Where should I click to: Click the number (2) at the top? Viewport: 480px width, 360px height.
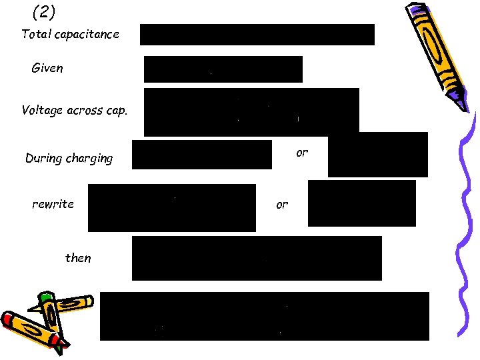43,11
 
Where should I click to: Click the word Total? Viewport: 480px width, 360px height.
35,34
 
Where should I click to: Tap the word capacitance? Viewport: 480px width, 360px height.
86,34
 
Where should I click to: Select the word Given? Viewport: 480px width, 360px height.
47,68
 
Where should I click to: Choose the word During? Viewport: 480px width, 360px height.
43,159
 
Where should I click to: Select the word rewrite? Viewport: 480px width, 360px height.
53,204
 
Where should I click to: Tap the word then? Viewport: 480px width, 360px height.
78,258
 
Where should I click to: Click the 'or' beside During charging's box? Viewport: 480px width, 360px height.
302,153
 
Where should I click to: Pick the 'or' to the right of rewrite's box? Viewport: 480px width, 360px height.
282,205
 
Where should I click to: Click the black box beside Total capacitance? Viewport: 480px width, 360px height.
257,35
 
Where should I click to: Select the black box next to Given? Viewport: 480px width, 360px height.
223,69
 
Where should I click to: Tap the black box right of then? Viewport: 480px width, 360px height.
257,258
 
